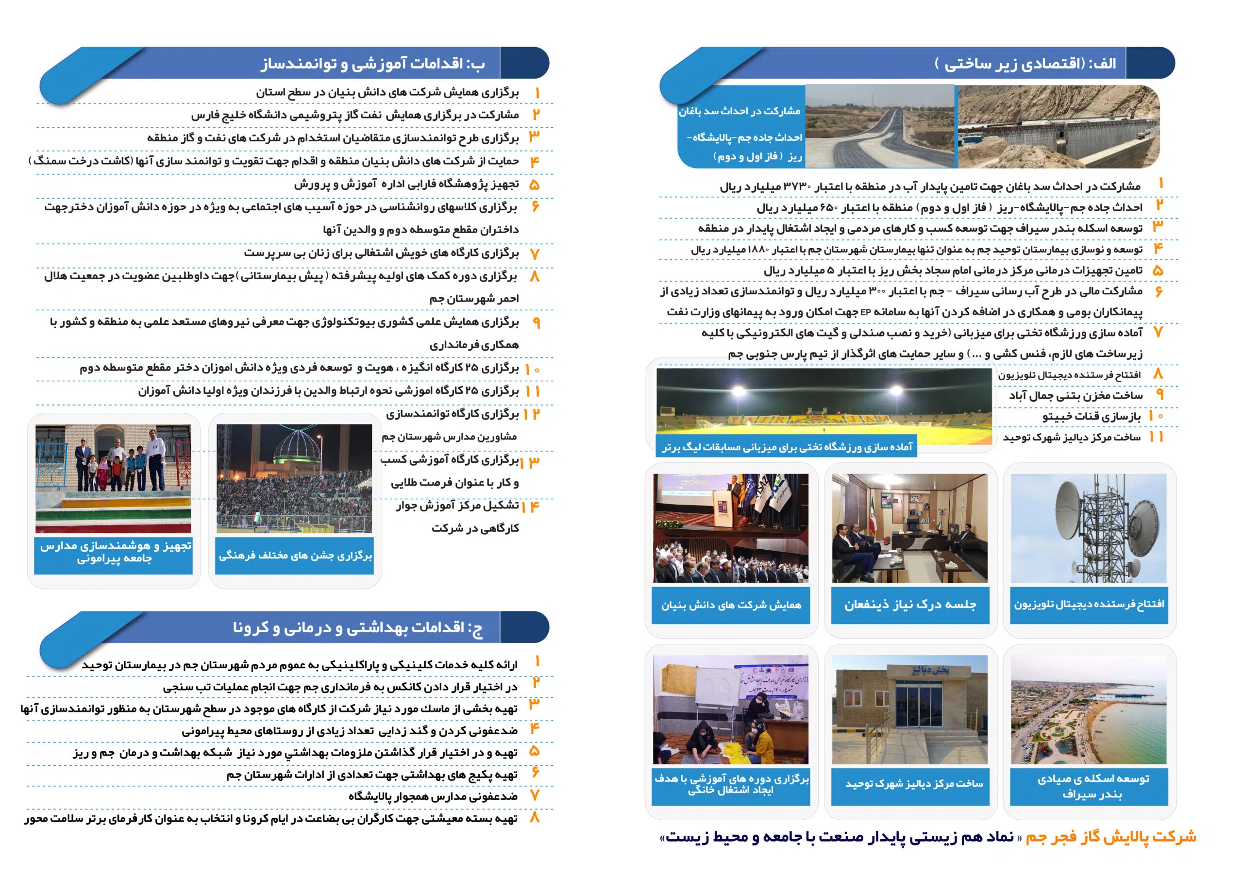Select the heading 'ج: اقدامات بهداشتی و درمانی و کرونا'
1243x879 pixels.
357,627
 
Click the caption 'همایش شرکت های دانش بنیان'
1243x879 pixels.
731,605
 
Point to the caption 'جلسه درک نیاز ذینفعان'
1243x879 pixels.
910,605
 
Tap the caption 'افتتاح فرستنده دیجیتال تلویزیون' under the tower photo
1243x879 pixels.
1089,604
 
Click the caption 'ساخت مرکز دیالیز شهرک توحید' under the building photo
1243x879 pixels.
914,784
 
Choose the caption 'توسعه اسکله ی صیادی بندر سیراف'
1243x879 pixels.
1092,786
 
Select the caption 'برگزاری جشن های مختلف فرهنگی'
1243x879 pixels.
295,555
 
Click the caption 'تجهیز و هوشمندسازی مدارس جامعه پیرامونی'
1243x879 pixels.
114,552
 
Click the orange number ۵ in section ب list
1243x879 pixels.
534,185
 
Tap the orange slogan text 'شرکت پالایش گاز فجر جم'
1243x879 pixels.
1111,837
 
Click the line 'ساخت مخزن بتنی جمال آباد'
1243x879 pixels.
1075,396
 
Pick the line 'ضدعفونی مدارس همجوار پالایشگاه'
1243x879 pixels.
433,796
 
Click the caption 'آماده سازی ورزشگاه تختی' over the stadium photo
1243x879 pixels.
787,447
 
